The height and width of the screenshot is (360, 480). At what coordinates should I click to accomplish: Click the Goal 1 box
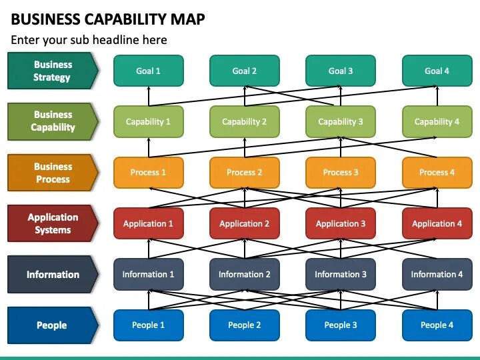click(x=148, y=71)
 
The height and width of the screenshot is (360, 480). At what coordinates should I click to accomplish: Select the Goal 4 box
click(x=437, y=71)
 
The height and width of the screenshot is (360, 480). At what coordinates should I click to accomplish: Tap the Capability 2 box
click(x=244, y=122)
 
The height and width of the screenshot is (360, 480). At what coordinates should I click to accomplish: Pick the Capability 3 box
click(x=341, y=122)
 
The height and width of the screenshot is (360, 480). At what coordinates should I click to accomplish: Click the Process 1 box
click(x=148, y=173)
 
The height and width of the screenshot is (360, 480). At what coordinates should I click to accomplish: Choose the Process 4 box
click(x=437, y=173)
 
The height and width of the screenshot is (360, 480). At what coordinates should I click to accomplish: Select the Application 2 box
click(x=244, y=224)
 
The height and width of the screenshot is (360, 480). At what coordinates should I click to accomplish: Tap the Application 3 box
click(x=341, y=224)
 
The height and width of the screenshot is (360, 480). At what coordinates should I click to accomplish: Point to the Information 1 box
click(x=148, y=275)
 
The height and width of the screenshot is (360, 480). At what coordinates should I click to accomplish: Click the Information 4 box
click(x=437, y=275)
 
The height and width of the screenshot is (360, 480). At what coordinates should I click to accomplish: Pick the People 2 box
click(x=244, y=325)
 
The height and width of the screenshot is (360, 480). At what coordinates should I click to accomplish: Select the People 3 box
click(x=341, y=325)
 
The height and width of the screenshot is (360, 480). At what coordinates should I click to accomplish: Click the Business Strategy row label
click(x=53, y=71)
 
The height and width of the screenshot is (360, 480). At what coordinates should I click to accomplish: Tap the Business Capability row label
click(x=53, y=121)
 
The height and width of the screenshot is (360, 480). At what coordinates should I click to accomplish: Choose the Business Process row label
click(x=53, y=173)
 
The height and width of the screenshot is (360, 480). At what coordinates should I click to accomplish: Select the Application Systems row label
click(x=53, y=224)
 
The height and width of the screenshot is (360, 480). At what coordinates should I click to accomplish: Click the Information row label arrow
click(x=53, y=275)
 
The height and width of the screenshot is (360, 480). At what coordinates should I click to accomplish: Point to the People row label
click(x=53, y=325)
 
